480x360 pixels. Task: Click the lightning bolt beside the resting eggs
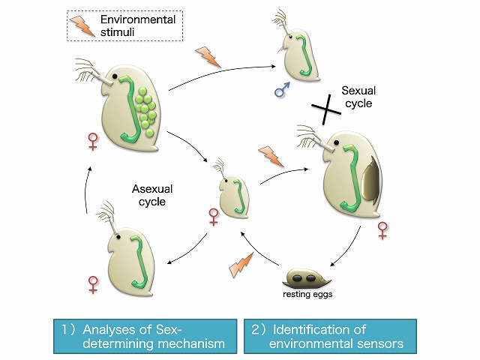(242, 264)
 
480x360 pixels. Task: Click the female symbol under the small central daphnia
(214, 217)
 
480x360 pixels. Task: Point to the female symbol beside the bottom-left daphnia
(93, 284)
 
